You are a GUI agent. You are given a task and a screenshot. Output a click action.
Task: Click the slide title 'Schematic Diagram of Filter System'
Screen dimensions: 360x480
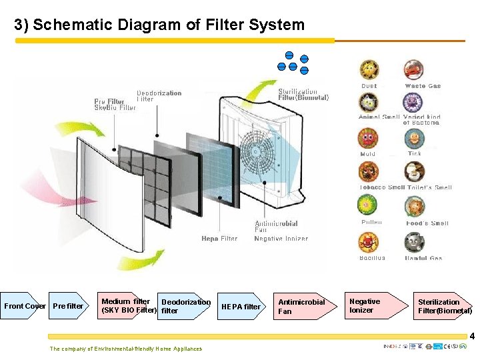tap(159, 25)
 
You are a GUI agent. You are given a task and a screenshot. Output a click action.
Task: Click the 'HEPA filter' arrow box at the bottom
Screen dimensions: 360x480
tap(243, 306)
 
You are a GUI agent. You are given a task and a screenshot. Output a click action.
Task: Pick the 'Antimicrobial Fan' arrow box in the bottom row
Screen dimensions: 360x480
tap(304, 306)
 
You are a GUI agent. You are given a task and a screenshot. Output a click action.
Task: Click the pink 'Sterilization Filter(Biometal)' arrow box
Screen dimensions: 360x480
tap(443, 306)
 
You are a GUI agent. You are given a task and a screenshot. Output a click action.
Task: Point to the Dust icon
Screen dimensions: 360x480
tap(369, 70)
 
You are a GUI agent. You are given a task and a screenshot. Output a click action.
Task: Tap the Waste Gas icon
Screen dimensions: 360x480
tap(413, 70)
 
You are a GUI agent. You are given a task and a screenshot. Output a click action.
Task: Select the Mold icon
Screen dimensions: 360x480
tap(367, 139)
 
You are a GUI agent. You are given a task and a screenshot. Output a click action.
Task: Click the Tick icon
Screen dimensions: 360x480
tap(414, 139)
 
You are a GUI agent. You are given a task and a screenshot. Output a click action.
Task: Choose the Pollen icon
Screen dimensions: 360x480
tap(369, 207)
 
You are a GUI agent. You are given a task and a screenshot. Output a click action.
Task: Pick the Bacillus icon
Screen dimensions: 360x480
tap(368, 242)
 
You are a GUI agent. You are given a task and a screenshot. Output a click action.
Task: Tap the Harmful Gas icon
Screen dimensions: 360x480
tap(415, 241)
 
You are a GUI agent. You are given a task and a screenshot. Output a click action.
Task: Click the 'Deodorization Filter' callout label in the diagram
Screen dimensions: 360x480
tap(158, 96)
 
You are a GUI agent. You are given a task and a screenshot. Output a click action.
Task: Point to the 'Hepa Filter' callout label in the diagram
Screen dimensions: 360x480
tap(219, 238)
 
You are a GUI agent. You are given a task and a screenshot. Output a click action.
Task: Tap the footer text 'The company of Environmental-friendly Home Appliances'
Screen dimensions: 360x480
tap(125, 349)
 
